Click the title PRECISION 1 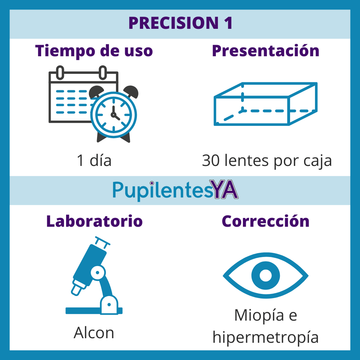click(180, 23)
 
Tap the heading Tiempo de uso click(94, 51)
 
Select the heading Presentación click(265, 51)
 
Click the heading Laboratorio click(94, 221)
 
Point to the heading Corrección click(265, 221)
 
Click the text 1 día click(94, 161)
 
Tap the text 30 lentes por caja click(267, 161)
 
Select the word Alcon click(94, 333)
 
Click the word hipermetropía click(265, 337)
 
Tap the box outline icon click(265, 104)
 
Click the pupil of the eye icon click(265, 275)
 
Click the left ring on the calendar click(60, 72)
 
